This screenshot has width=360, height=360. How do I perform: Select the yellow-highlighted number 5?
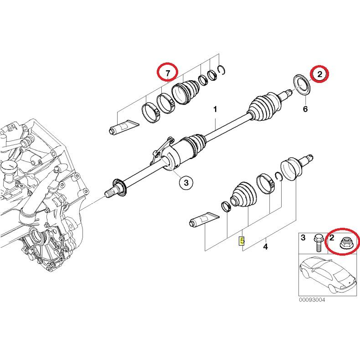(242, 240)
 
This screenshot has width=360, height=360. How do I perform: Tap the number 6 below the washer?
(305, 109)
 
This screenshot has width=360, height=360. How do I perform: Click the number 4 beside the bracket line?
(265, 247)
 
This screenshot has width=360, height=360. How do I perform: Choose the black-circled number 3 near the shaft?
(186, 183)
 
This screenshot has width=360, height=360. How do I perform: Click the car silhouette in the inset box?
(327, 275)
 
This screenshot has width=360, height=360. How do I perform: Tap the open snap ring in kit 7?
(222, 70)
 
